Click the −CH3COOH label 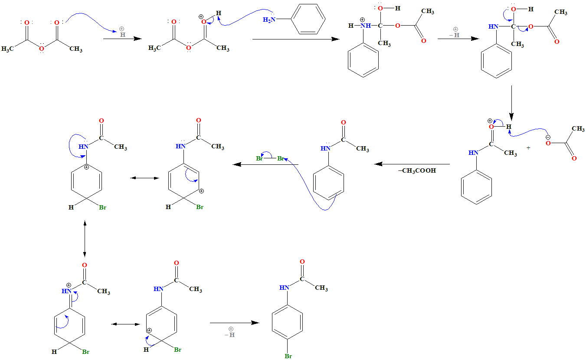417,171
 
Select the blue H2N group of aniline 269,20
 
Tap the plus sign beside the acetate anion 528,148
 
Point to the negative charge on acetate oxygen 548,137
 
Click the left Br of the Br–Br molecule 260,158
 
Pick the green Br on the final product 288,356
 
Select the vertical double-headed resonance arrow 85,238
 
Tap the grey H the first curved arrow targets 123,34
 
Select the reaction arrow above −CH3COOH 412,164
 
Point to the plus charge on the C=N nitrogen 69,285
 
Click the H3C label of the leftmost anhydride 8,49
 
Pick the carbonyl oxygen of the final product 302,262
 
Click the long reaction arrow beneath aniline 295,39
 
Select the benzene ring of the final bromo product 287,322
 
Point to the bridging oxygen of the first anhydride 42,49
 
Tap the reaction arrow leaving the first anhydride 123,39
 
